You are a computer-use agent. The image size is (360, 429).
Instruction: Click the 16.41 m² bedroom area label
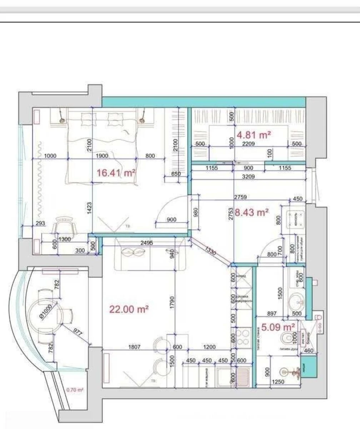pyautogui.click(x=116, y=173)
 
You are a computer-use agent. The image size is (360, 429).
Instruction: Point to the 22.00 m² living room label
pyautogui.click(x=129, y=309)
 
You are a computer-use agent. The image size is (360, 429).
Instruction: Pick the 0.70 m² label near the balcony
pyautogui.click(x=75, y=390)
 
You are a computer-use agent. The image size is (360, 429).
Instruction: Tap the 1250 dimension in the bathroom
pyautogui.click(x=278, y=382)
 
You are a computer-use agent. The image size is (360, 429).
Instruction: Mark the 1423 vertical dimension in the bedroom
pyautogui.click(x=89, y=211)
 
